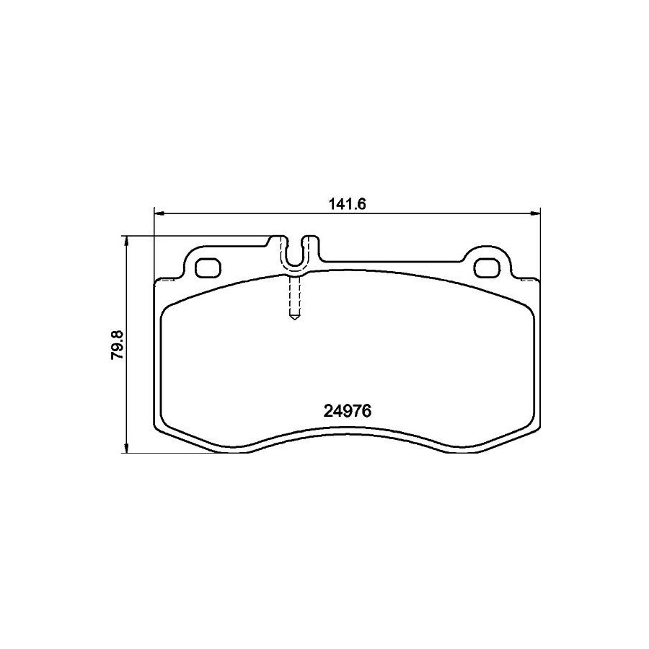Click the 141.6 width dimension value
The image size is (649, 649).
pyautogui.click(x=348, y=205)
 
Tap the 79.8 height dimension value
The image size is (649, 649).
pyautogui.click(x=118, y=345)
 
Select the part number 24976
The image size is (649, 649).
pyautogui.click(x=348, y=412)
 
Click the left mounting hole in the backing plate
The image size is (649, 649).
pyautogui.click(x=208, y=268)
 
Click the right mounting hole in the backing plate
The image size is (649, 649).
pyautogui.click(x=487, y=268)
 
